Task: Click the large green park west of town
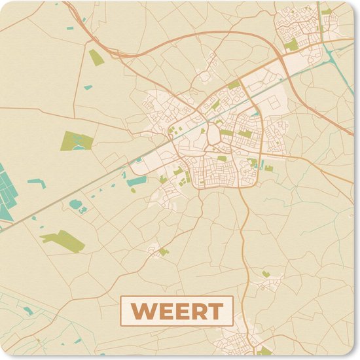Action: tap(77, 140)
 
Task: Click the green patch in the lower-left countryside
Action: tap(64, 240)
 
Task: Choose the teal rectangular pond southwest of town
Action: tap(137, 181)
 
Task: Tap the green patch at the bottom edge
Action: tap(266, 351)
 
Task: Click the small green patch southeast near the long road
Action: tap(266, 274)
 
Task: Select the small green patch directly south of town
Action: tap(163, 251)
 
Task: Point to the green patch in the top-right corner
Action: tap(326, 12)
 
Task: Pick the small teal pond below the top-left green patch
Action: tap(88, 87)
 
